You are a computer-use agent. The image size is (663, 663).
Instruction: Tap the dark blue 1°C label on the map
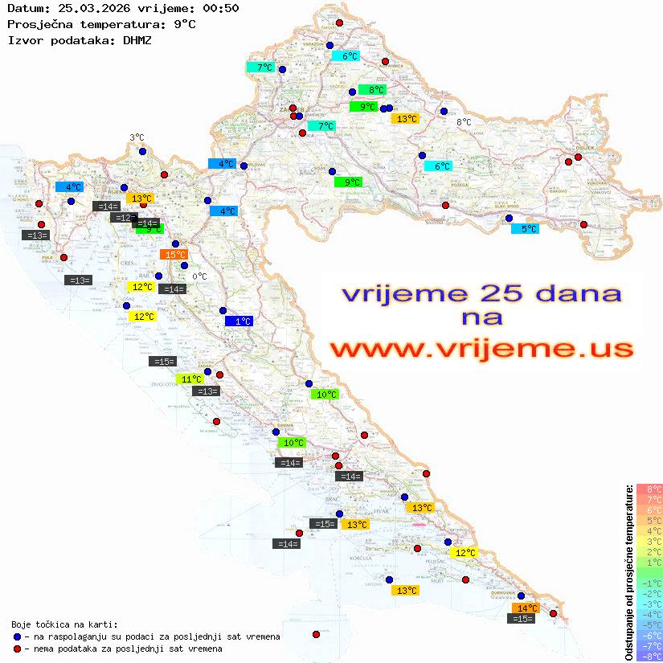(x=239, y=321)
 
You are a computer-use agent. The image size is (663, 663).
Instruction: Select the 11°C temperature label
(x=190, y=379)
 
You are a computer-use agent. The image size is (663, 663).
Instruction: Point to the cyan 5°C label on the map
(x=526, y=229)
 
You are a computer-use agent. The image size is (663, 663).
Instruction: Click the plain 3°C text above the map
(x=137, y=137)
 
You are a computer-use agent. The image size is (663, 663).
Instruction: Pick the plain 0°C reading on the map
(x=200, y=276)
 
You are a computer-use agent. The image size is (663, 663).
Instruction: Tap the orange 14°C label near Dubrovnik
(x=527, y=608)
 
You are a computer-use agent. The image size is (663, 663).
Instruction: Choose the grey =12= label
(x=124, y=218)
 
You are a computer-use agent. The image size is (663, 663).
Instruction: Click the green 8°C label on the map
(x=372, y=90)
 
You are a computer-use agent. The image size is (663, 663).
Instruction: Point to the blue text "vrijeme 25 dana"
(x=481, y=294)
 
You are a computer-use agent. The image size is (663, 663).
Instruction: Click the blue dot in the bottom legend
(x=16, y=636)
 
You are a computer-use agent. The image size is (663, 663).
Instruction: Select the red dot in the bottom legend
(x=16, y=649)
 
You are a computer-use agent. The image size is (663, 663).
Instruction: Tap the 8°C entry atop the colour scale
(x=649, y=489)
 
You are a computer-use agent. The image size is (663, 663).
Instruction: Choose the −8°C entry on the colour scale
(x=649, y=656)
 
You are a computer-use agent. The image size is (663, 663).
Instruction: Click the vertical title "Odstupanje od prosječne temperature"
(x=628, y=572)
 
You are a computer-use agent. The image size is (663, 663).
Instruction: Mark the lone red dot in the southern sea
(x=316, y=634)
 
